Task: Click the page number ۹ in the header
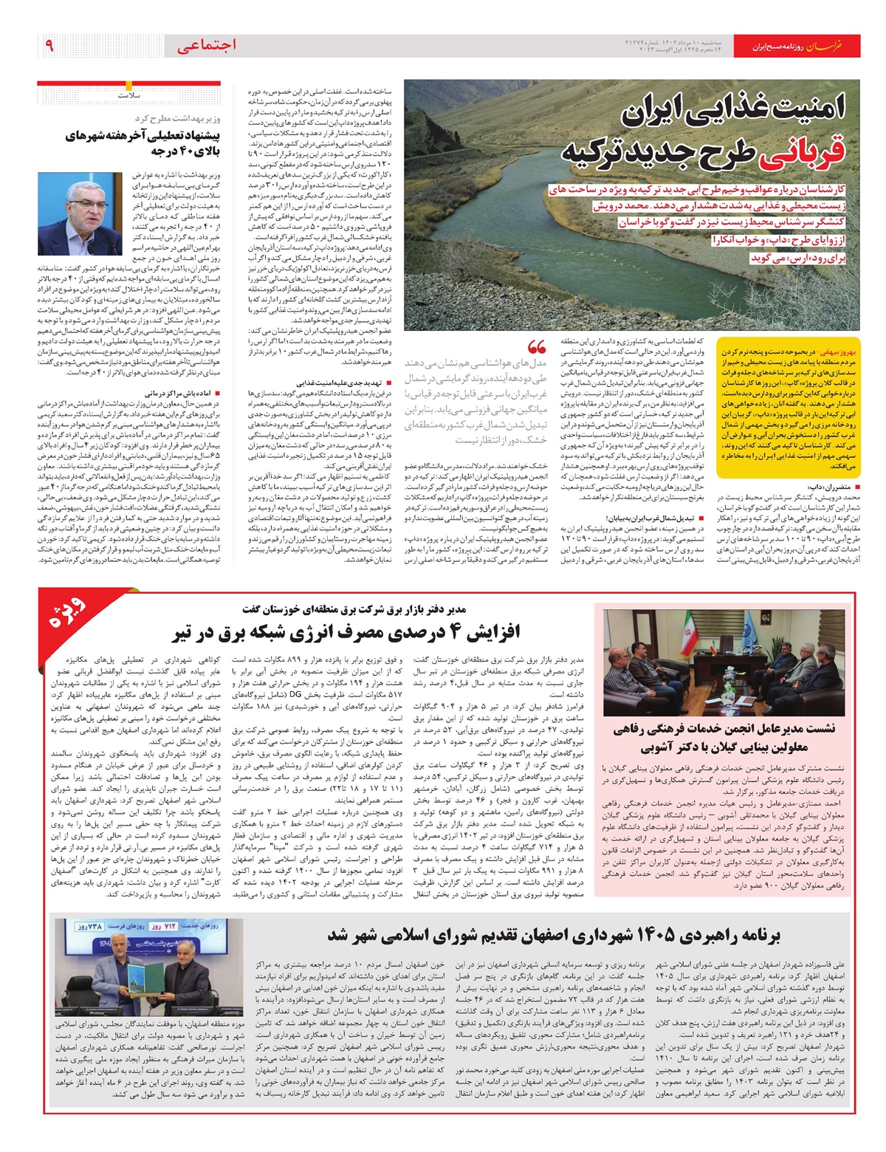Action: (x=49, y=46)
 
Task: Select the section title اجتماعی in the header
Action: (x=207, y=46)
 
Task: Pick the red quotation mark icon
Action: (x=537, y=348)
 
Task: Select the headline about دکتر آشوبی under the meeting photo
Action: (x=724, y=738)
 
